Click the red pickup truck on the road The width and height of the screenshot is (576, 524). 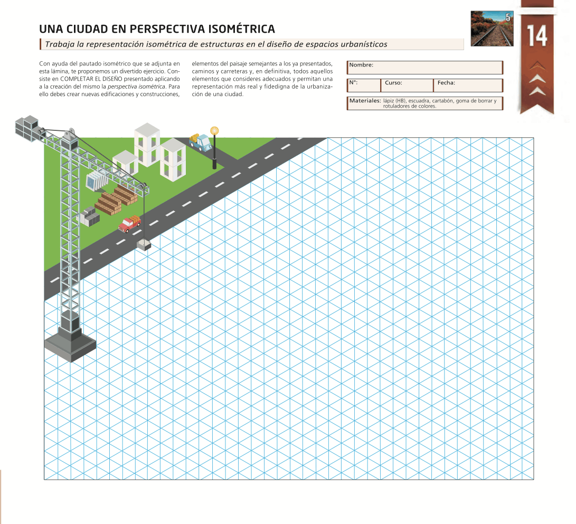(x=130, y=224)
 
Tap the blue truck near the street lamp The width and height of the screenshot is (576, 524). (x=200, y=142)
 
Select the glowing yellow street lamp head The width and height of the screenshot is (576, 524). (x=214, y=131)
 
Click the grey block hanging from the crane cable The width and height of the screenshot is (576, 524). (x=144, y=244)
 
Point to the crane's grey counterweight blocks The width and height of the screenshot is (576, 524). (x=27, y=127)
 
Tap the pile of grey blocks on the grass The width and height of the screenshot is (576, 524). (x=88, y=216)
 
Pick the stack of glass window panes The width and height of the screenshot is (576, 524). (x=96, y=180)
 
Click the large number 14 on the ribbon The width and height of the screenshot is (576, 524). (x=537, y=37)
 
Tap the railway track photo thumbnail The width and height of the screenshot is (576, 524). (x=492, y=29)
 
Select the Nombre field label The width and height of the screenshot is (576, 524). (x=362, y=65)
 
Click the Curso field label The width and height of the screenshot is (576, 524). (x=393, y=83)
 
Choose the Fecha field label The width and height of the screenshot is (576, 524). (x=446, y=83)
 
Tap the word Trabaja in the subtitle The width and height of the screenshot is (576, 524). (x=60, y=44)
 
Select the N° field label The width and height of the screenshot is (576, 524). (x=354, y=83)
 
